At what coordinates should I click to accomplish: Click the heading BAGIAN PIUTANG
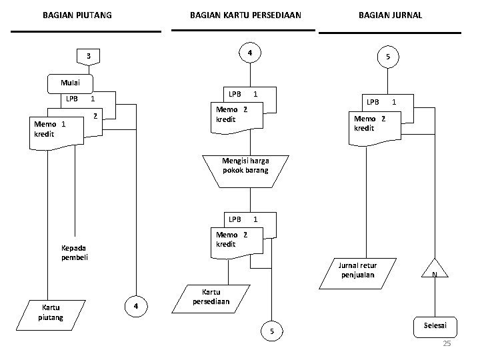point(77,14)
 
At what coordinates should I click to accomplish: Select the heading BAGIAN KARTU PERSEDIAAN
point(245,14)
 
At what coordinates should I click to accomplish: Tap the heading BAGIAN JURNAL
point(390,14)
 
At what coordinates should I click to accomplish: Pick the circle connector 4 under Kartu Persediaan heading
point(248,53)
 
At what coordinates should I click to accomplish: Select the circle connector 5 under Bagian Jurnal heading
point(388,58)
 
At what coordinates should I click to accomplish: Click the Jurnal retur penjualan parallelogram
point(359,271)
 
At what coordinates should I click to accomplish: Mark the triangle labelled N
point(434,269)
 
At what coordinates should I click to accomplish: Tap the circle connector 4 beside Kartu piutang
point(135,307)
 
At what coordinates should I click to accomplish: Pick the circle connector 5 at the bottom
point(271,332)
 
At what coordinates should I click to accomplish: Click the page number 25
point(447,344)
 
